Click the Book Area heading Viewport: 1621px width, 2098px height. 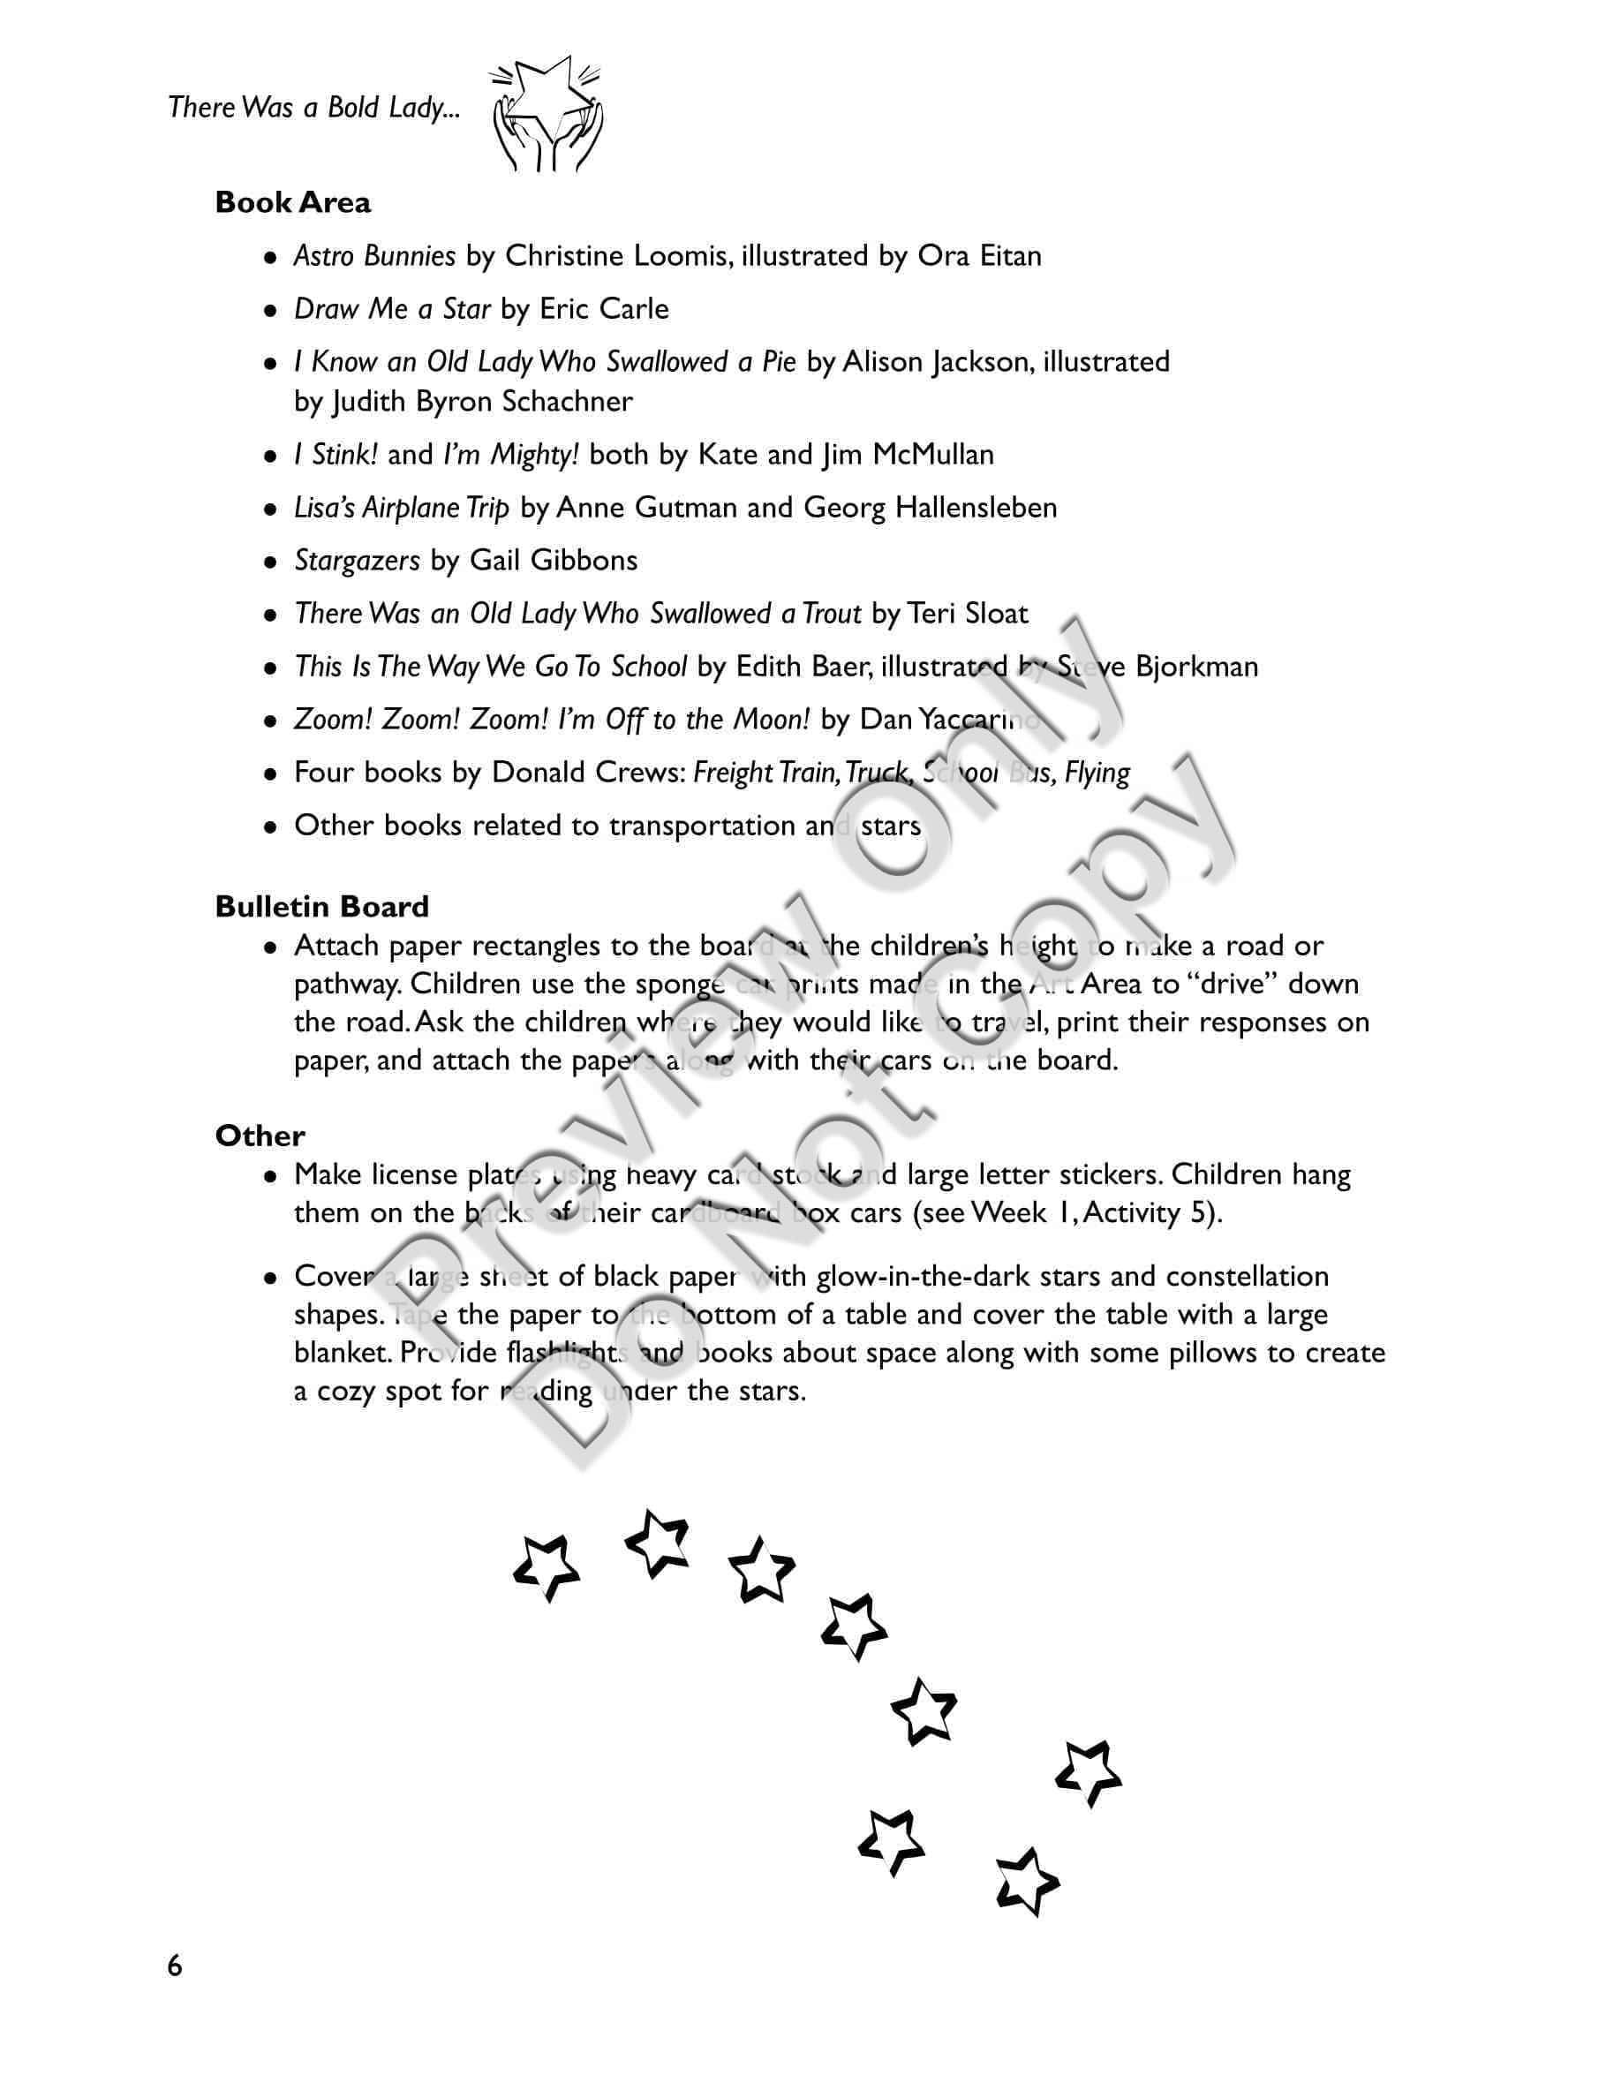[x=293, y=203]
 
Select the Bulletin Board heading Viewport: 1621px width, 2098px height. [x=321, y=907]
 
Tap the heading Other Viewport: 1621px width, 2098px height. [x=260, y=1136]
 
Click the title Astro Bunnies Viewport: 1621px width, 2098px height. [x=374, y=255]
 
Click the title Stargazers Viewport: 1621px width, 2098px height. [x=358, y=560]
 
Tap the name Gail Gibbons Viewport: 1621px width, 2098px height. [x=554, y=560]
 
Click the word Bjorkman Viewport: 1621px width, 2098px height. [x=1196, y=667]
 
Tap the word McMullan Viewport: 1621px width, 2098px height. [x=932, y=455]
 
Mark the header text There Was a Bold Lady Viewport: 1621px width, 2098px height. [x=313, y=108]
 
